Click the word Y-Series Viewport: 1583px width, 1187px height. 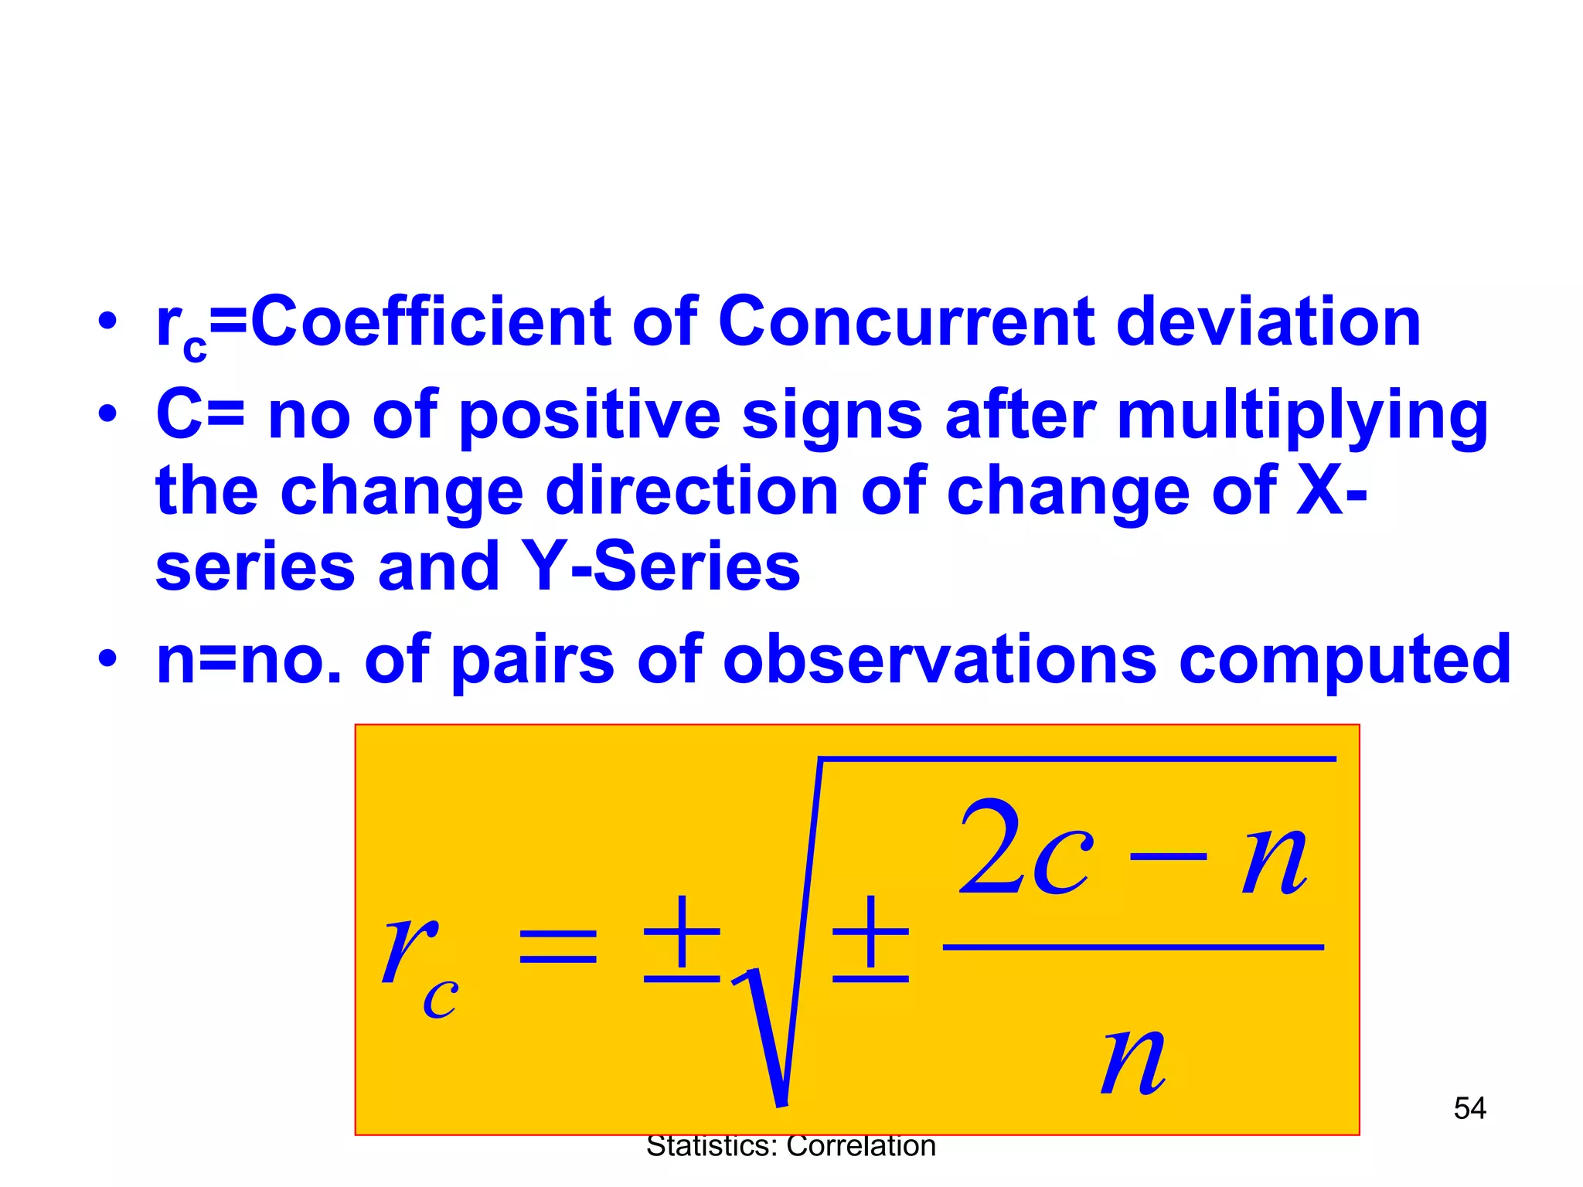(x=661, y=566)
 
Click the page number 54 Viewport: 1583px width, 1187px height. (x=1469, y=1108)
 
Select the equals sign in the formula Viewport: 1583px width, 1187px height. (x=558, y=947)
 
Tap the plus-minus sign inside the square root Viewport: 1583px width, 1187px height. (x=870, y=939)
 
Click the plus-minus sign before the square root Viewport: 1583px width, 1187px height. (x=682, y=939)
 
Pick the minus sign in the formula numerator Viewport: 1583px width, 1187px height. (x=1167, y=856)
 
